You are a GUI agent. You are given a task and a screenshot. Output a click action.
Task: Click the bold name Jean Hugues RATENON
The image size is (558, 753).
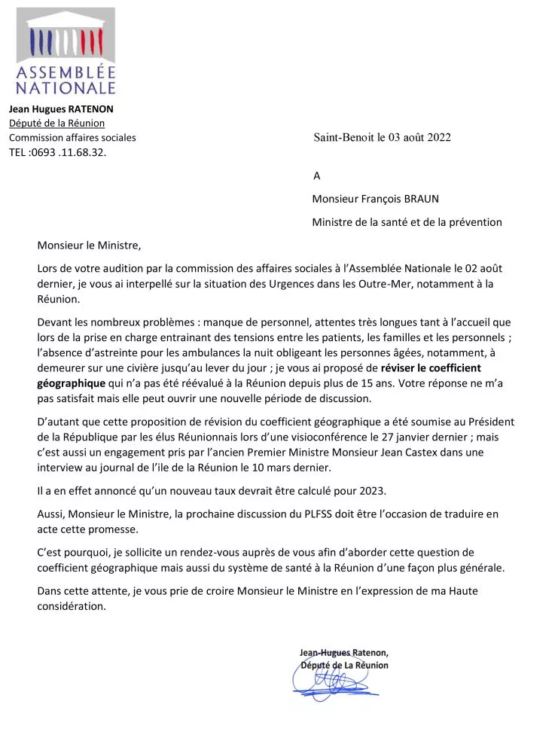(x=61, y=108)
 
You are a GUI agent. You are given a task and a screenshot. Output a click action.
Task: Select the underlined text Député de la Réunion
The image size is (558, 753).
(x=56, y=123)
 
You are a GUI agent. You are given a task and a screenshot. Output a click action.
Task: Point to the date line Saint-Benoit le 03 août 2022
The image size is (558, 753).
(x=382, y=137)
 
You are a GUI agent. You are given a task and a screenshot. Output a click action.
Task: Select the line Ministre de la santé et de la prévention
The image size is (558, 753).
(x=407, y=222)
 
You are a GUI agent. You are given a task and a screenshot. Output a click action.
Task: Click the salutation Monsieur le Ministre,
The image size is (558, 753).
(x=89, y=245)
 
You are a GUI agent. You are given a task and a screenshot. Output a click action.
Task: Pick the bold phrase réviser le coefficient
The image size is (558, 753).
(x=431, y=368)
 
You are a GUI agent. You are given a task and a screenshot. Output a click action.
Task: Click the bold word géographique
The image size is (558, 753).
(x=71, y=383)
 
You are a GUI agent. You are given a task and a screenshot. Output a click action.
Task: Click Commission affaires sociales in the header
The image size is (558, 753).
(x=72, y=138)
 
